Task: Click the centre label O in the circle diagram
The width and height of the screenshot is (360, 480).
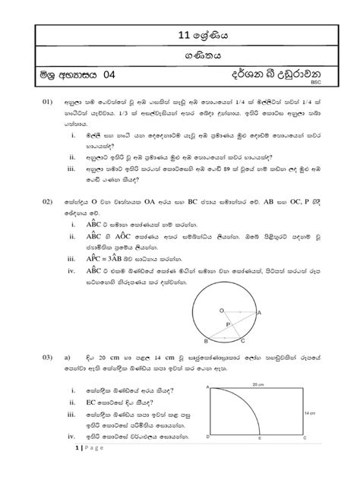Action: (222, 311)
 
